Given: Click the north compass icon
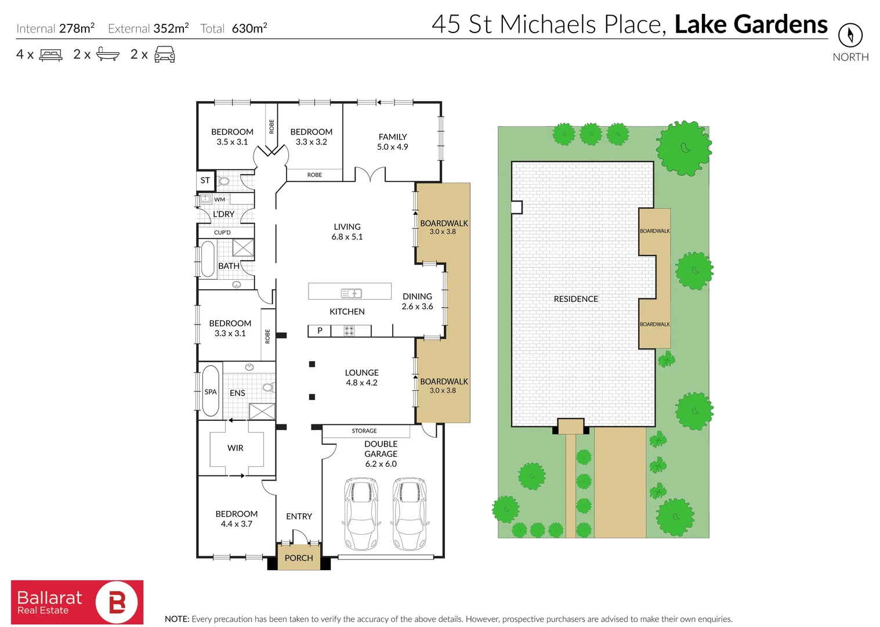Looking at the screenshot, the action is tap(850, 35).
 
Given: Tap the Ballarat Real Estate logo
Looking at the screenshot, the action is tap(77, 602).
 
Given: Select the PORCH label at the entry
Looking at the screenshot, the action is tap(299, 558).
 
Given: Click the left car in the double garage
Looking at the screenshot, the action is tap(361, 513).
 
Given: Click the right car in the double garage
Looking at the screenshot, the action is tap(410, 513).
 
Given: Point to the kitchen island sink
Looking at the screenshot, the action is tap(351, 293).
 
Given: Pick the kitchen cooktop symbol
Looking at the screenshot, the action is tap(349, 330).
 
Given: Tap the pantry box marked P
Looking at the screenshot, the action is tap(320, 330).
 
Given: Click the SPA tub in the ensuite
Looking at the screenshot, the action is tap(211, 391).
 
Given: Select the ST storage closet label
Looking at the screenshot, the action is tap(205, 181).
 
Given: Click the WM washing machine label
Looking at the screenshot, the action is tap(220, 199).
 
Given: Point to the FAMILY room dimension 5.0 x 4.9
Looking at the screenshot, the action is tap(393, 147).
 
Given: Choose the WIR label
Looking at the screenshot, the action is tap(236, 448).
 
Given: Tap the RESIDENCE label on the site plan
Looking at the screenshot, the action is tap(576, 299).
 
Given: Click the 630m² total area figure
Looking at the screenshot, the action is tap(249, 28).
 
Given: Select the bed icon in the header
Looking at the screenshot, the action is tap(50, 55).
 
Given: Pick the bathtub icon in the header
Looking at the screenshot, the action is tap(108, 54).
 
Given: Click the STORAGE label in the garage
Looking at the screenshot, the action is tap(364, 431).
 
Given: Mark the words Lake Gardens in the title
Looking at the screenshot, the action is tap(751, 24).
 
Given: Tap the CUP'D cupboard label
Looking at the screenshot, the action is tap(222, 232).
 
